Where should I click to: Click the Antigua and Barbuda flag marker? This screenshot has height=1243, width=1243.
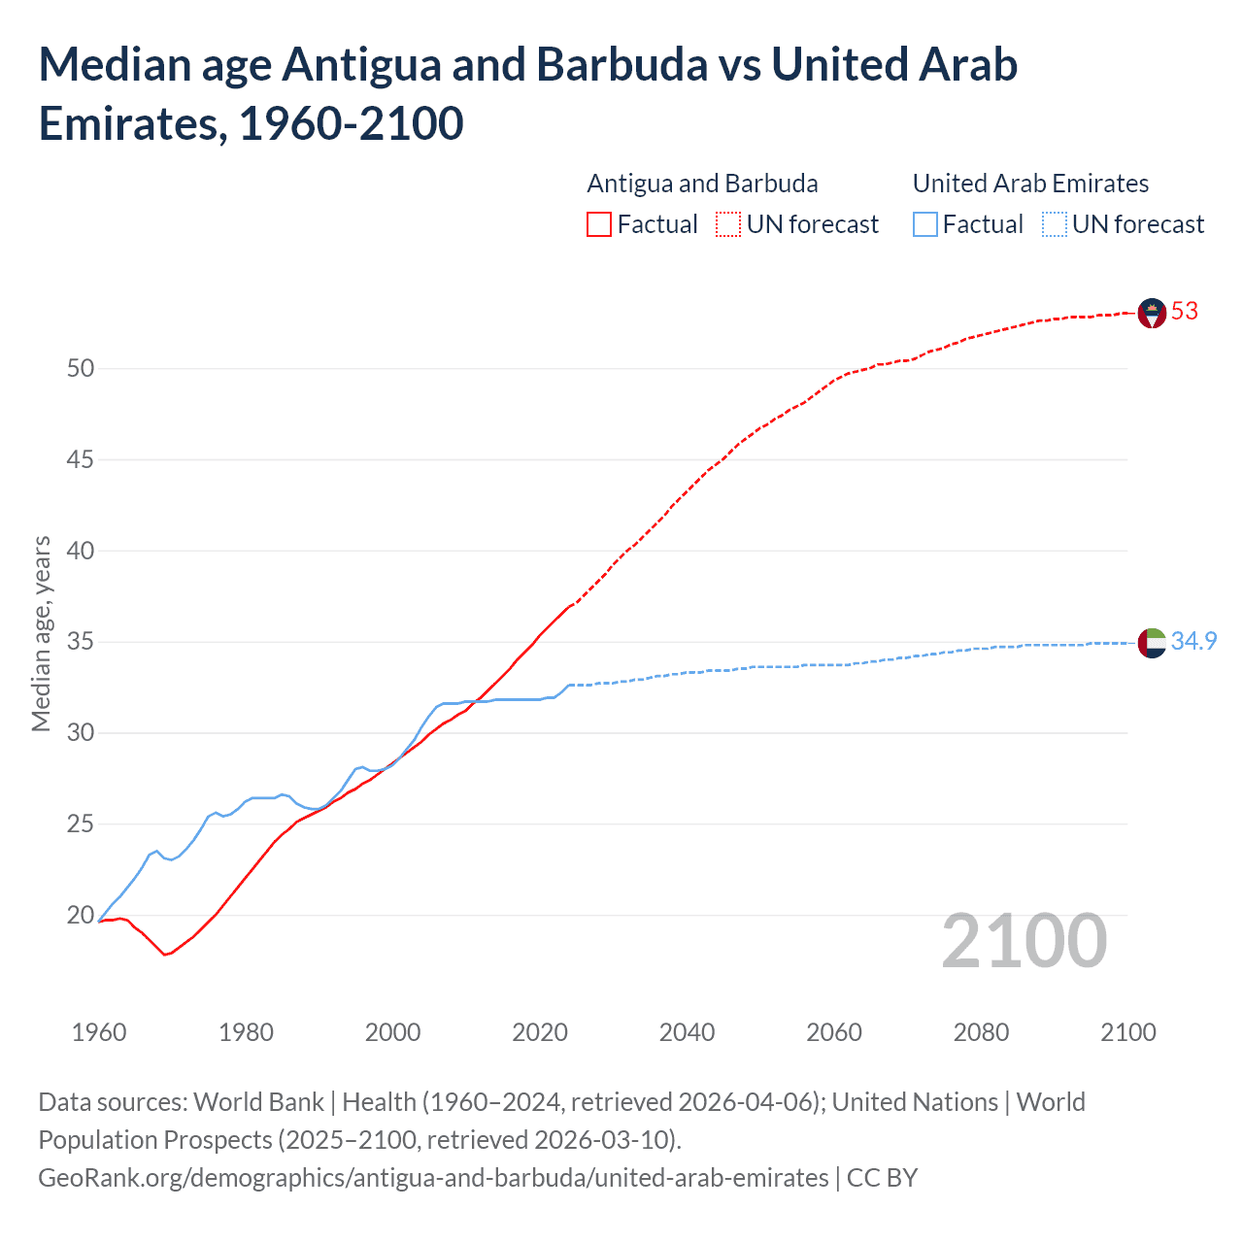pyautogui.click(x=1151, y=313)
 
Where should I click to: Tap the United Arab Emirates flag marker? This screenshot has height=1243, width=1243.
pyautogui.click(x=1151, y=643)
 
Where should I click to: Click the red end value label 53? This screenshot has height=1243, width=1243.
pyautogui.click(x=1185, y=312)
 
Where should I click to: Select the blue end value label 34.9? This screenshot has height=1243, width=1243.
pyautogui.click(x=1193, y=642)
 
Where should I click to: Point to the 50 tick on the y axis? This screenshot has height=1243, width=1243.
pyautogui.click(x=81, y=368)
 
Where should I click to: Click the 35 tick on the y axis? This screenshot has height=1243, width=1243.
pyautogui.click(x=81, y=642)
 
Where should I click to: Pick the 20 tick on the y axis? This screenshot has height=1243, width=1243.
pyautogui.click(x=81, y=915)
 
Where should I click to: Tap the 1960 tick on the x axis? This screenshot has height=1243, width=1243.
pyautogui.click(x=99, y=1032)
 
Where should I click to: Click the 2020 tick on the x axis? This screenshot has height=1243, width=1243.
pyautogui.click(x=540, y=1032)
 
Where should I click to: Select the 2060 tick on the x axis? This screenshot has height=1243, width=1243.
pyautogui.click(x=834, y=1032)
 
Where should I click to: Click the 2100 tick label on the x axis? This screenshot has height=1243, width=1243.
pyautogui.click(x=1128, y=1032)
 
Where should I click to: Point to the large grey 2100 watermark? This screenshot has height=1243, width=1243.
pyautogui.click(x=1024, y=941)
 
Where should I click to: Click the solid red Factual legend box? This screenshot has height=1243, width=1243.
pyautogui.click(x=599, y=225)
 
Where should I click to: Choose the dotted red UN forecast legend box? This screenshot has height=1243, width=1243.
pyautogui.click(x=728, y=225)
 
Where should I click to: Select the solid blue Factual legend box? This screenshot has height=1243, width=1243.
pyautogui.click(x=925, y=225)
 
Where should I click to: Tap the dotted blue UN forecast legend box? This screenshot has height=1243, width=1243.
pyautogui.click(x=1055, y=225)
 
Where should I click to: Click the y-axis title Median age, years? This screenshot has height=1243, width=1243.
pyautogui.click(x=41, y=632)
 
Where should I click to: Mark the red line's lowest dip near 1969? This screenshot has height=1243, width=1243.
pyautogui.click(x=165, y=955)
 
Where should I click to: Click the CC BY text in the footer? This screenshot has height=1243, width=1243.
pyautogui.click(x=882, y=1178)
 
